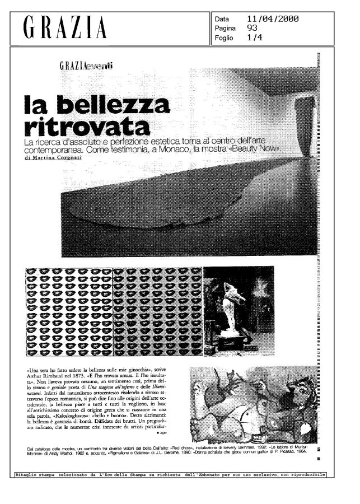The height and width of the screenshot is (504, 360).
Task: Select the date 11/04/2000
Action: point(273,18)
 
